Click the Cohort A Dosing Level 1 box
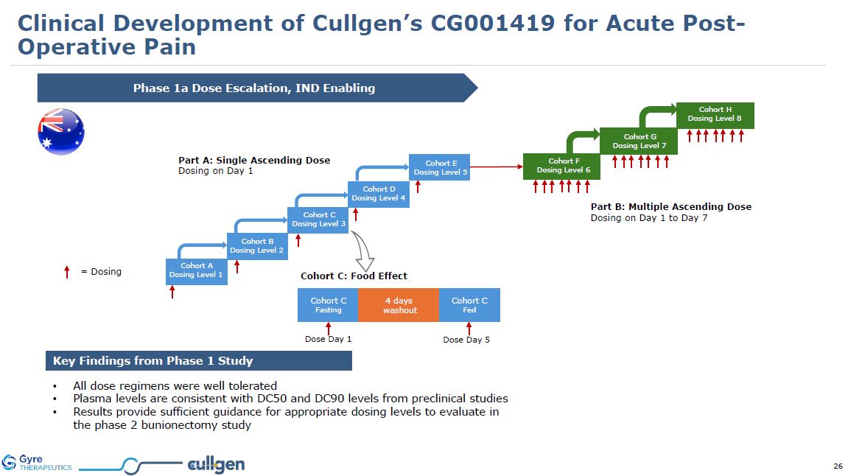click(196, 270)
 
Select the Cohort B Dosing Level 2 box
click(256, 245)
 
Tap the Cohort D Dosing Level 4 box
click(379, 194)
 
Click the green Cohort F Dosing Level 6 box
click(561, 166)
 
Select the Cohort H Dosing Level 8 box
click(715, 115)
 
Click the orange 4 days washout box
click(399, 305)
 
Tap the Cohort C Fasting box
click(328, 305)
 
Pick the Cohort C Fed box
click(469, 305)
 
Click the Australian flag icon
click(61, 131)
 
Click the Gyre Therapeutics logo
click(37, 463)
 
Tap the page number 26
click(838, 466)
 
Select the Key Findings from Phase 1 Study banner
click(198, 361)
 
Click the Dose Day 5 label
click(466, 340)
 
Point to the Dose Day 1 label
click(329, 340)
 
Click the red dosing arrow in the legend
click(67, 272)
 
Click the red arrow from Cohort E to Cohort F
click(495, 167)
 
